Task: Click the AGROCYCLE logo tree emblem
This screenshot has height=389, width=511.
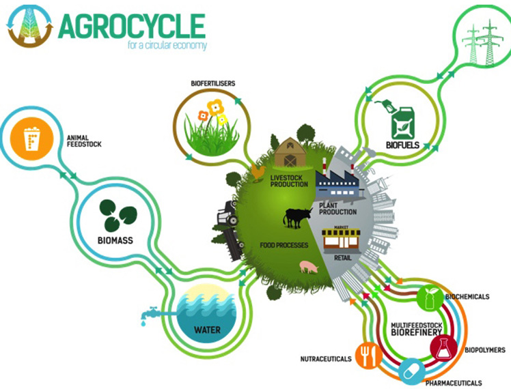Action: pos(30,26)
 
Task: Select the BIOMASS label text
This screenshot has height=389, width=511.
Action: pos(115,240)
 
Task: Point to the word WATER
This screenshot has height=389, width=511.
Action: pos(207,330)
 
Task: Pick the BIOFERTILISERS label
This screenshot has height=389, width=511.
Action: pos(213,83)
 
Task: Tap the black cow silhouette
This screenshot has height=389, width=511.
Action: pos(296,218)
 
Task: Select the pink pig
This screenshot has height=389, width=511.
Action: pos(309,266)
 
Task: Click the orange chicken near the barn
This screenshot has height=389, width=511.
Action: pos(258,173)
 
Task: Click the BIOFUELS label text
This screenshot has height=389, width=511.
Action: pos(403,145)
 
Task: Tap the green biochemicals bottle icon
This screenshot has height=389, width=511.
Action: pos(430,298)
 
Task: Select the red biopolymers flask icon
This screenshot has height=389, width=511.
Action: pos(443,347)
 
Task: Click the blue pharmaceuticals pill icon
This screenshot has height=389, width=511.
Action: pos(412,371)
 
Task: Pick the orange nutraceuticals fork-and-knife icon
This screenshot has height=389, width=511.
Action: pos(369,355)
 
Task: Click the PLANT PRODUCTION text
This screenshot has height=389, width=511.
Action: pos(337,209)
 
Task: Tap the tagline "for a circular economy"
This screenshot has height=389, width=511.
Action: pos(167,45)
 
